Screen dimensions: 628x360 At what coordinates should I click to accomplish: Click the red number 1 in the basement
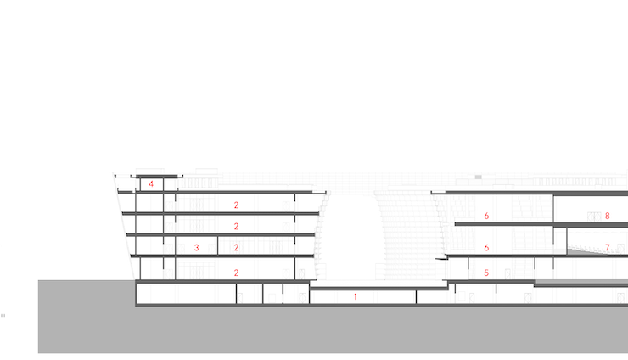(355, 297)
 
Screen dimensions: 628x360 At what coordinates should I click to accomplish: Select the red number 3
(197, 248)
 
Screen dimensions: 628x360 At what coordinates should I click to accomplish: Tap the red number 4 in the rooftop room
(151, 184)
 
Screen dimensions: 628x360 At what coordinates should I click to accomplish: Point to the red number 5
(486, 273)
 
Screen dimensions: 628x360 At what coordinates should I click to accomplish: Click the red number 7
(608, 248)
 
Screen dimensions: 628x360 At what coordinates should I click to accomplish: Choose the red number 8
(607, 216)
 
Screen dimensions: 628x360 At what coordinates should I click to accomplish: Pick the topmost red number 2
(236, 205)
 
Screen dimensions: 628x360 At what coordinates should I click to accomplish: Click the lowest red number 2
(236, 273)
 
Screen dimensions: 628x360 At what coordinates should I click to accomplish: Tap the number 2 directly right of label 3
(236, 248)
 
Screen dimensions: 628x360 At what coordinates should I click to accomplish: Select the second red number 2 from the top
(236, 227)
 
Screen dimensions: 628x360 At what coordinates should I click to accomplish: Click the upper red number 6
(486, 216)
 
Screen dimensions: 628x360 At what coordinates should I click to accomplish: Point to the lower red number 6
(486, 248)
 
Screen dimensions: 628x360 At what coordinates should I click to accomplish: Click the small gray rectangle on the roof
(478, 177)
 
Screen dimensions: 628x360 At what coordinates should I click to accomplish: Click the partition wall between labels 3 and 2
(217, 245)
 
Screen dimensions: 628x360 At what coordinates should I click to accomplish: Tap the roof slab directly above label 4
(157, 177)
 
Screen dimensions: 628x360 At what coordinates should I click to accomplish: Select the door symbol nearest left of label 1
(302, 298)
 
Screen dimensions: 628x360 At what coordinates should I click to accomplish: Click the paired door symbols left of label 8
(594, 217)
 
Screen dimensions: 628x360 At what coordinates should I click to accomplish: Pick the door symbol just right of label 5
(507, 274)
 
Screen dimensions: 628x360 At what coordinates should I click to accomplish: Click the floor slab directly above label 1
(378, 288)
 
